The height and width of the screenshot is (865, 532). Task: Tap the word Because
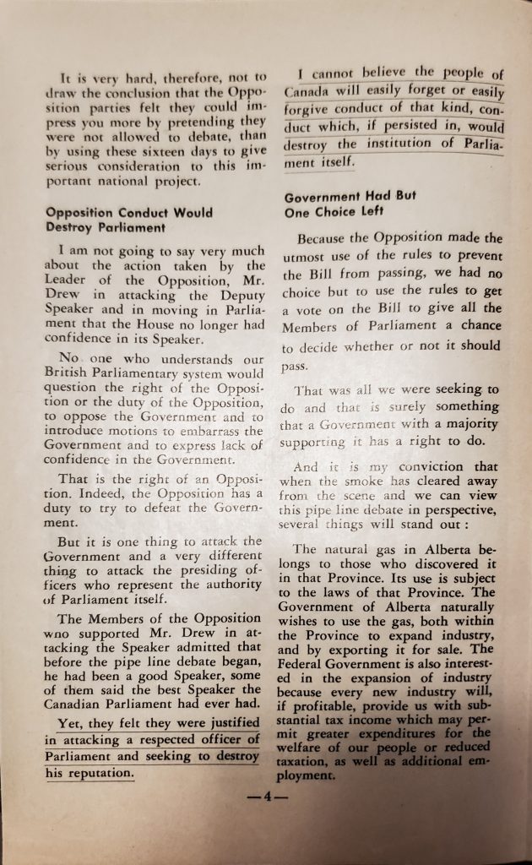click(325, 239)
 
